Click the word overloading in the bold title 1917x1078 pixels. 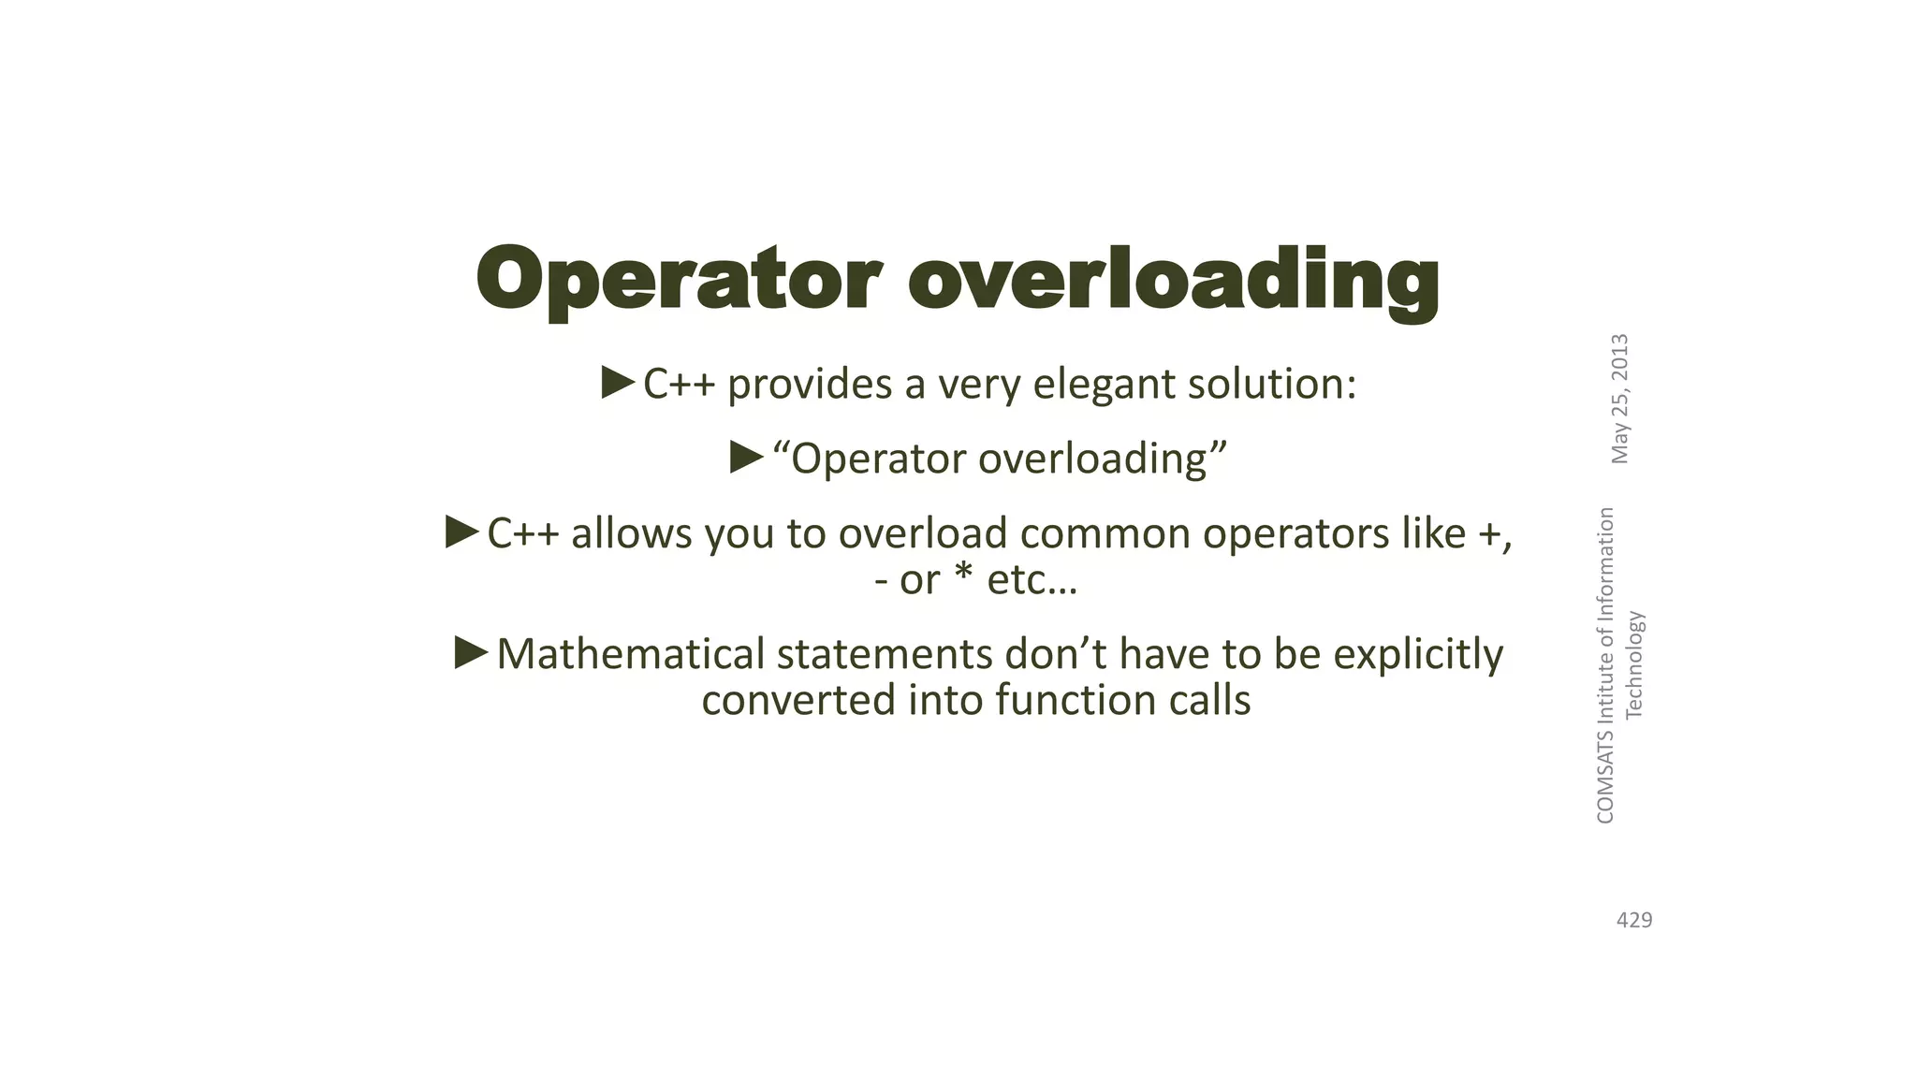[1174, 281]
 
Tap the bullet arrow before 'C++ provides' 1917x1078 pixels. [619, 383]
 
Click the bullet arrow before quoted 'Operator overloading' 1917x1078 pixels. [747, 458]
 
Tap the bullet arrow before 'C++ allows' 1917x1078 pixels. [462, 532]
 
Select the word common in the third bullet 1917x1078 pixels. [1105, 533]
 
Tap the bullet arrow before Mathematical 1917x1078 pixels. [472, 652]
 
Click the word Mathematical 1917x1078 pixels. [631, 654]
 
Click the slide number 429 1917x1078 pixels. [1634, 921]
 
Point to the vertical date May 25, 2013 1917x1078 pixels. [1620, 399]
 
